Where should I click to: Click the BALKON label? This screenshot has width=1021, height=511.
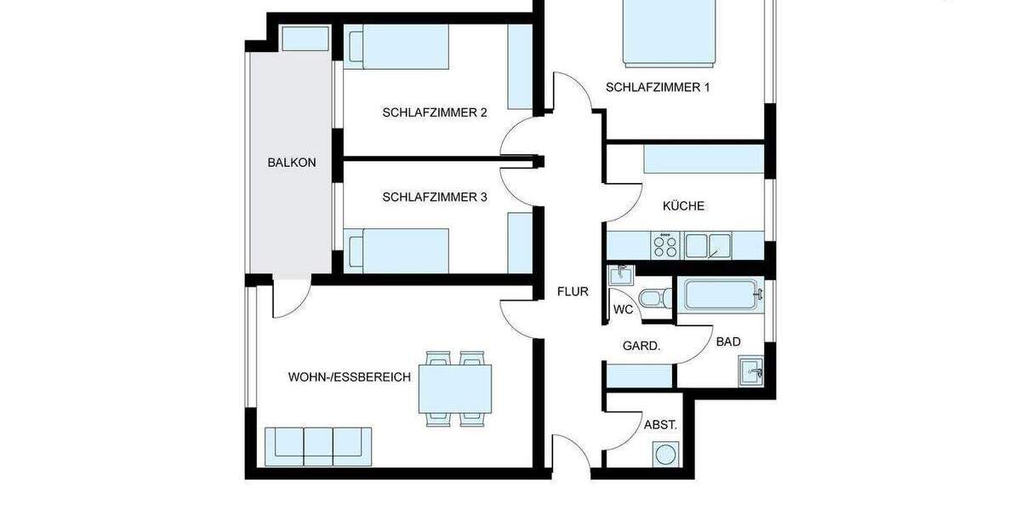(285, 162)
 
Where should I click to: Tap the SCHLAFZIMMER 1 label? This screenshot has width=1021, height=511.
(657, 87)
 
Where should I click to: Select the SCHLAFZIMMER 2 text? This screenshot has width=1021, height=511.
(434, 112)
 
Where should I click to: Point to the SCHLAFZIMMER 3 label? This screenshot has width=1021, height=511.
(434, 197)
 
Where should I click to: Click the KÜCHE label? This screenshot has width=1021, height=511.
(683, 206)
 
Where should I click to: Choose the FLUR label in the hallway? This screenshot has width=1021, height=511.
(573, 291)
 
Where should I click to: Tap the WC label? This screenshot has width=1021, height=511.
(623, 310)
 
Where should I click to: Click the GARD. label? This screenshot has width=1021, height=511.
(642, 346)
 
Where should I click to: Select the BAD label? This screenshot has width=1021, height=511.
(727, 342)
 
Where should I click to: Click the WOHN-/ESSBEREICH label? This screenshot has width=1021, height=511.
(350, 376)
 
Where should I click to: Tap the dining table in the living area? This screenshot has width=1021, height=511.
(458, 388)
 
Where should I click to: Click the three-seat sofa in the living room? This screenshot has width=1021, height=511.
(318, 445)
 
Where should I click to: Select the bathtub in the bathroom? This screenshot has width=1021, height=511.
(723, 296)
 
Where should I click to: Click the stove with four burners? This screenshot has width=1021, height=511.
(665, 246)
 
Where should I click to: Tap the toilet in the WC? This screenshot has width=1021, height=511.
(653, 299)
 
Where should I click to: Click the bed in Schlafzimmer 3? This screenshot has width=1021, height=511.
(399, 250)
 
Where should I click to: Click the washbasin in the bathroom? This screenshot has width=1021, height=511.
(751, 372)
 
